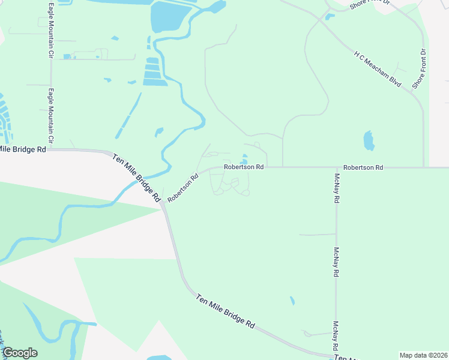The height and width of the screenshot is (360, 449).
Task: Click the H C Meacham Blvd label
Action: [377, 69]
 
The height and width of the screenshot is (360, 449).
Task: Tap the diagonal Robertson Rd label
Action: [183, 188]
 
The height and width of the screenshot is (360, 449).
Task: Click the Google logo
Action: [19, 353]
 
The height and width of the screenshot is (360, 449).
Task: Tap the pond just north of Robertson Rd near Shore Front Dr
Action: [369, 141]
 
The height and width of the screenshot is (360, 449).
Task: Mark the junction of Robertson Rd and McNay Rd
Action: [336, 167]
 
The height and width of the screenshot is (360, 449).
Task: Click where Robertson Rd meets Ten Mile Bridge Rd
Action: [163, 203]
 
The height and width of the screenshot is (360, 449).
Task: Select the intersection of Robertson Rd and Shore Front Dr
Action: [424, 167]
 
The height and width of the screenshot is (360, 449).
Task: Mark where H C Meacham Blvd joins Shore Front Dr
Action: [412, 90]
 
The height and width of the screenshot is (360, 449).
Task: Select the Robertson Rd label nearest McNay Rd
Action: [363, 167]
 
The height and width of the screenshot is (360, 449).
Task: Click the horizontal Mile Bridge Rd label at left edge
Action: [23, 149]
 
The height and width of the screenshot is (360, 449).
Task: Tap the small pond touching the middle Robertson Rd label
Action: [244, 161]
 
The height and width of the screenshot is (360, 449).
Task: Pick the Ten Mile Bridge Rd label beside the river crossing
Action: [137, 177]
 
